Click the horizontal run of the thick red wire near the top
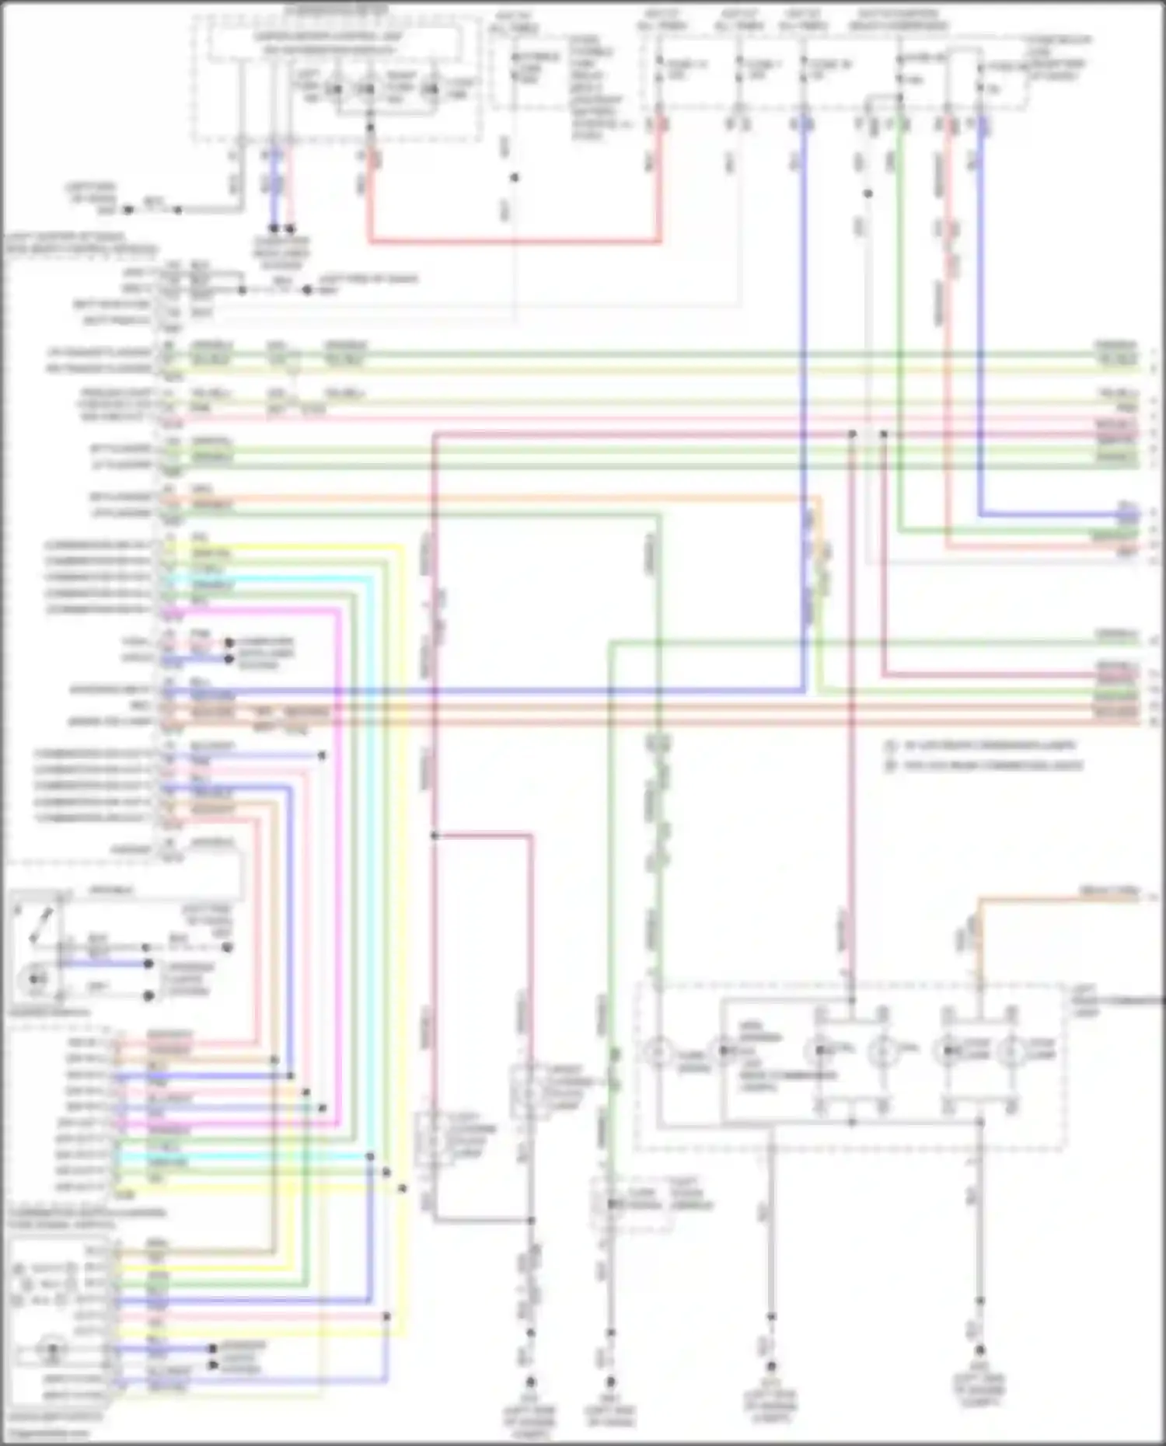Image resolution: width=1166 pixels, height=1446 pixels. (513, 242)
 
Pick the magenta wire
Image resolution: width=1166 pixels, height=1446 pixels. (339, 855)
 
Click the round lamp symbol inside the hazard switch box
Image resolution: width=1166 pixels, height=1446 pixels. (35, 977)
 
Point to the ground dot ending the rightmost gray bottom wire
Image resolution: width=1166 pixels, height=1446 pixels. (980, 1350)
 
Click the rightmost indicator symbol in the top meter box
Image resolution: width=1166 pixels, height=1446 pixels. (430, 90)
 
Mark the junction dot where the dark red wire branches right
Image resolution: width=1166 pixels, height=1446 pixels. (435, 836)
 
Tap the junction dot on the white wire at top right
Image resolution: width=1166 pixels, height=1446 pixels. (868, 193)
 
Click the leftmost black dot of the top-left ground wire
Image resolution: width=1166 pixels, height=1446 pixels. (129, 210)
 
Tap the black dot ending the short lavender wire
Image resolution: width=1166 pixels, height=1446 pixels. (323, 755)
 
